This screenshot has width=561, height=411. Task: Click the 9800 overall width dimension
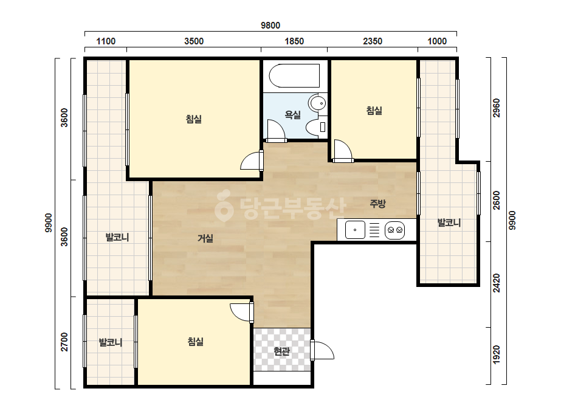(270, 26)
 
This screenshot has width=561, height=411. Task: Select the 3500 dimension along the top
(194, 41)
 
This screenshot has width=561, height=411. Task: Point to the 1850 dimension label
(294, 41)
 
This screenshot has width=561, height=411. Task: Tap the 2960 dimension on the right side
(497, 108)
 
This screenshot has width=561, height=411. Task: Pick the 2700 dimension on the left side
(64, 342)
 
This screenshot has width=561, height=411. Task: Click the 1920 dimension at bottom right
(497, 355)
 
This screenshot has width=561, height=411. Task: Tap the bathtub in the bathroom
(294, 75)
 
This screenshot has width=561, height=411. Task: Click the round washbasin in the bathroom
(318, 103)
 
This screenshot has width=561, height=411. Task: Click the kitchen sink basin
(355, 230)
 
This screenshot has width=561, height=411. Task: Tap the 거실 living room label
(205, 238)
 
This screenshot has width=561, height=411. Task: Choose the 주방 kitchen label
(378, 204)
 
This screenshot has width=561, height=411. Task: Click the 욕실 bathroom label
(293, 114)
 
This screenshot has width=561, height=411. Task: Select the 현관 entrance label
(281, 351)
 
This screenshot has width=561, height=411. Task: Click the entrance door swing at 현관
(323, 350)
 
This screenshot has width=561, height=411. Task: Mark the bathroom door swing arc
(276, 130)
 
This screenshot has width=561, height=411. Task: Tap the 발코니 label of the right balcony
(449, 223)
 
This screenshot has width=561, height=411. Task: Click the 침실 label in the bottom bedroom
(195, 342)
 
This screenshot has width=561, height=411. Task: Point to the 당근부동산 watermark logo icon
(224, 206)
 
